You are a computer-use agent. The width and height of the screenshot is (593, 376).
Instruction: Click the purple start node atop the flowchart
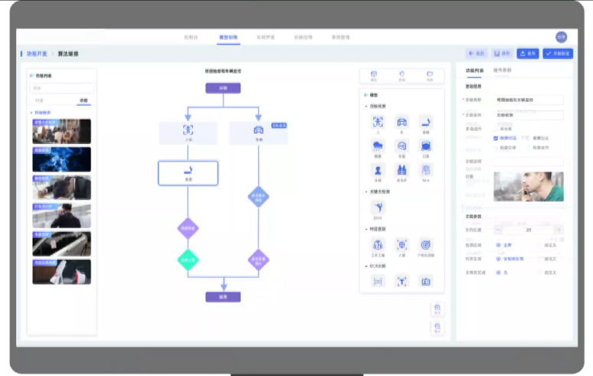[x=223, y=88]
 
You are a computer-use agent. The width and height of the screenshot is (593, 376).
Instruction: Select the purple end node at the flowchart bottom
[x=223, y=296]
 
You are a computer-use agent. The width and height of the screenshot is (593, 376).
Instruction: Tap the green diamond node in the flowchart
[x=188, y=260]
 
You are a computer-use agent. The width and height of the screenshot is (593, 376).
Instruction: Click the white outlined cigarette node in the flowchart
[x=188, y=172]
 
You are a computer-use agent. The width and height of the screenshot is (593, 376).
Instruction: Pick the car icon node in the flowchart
[x=258, y=132]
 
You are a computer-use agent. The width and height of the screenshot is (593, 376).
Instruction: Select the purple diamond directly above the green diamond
[x=188, y=227]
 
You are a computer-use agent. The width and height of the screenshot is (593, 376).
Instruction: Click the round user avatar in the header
[x=562, y=37]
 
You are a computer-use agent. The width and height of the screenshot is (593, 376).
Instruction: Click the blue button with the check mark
[x=558, y=54]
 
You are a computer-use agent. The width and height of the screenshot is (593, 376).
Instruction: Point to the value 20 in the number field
[x=529, y=230]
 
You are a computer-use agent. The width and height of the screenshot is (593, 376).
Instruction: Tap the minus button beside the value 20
[x=499, y=230]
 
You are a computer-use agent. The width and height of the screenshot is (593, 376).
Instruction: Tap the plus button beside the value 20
[x=558, y=230]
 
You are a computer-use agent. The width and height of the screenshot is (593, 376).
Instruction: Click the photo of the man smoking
[x=529, y=186]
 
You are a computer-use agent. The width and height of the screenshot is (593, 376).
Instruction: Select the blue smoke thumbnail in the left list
[x=62, y=159]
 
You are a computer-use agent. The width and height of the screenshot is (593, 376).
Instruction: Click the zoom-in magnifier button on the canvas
[x=437, y=309]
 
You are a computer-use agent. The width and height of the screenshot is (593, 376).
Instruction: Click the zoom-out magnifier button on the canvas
[x=437, y=327]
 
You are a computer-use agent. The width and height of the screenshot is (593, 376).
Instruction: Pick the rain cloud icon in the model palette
[x=378, y=145]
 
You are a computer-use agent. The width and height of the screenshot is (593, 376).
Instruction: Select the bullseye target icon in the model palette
[x=426, y=244]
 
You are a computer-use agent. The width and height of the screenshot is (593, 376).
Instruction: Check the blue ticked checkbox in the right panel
[x=496, y=139]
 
